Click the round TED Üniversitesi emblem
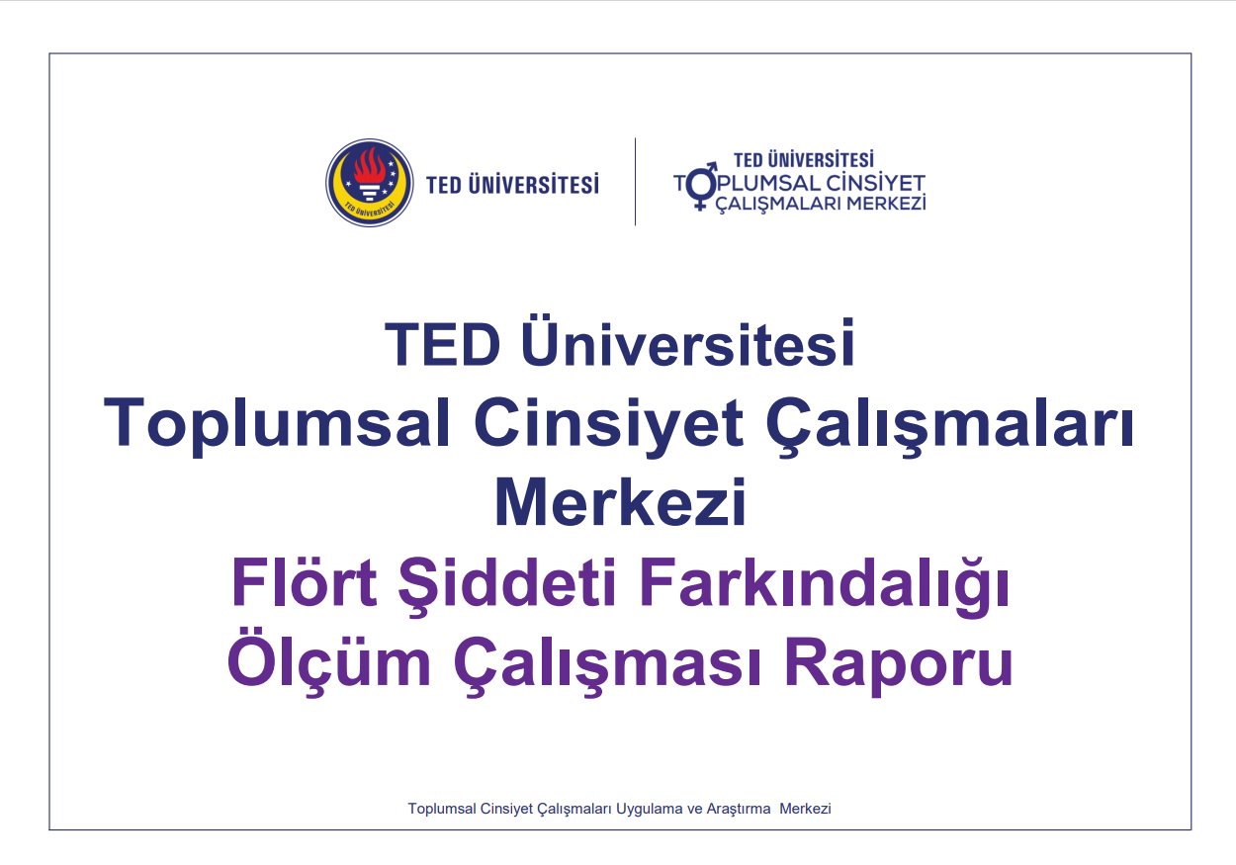pos(370,183)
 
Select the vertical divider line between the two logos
pos(635,182)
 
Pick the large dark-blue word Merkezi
pos(619,503)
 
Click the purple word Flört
pos(304,583)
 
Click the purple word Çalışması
pos(609,665)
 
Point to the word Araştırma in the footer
pos(739,809)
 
